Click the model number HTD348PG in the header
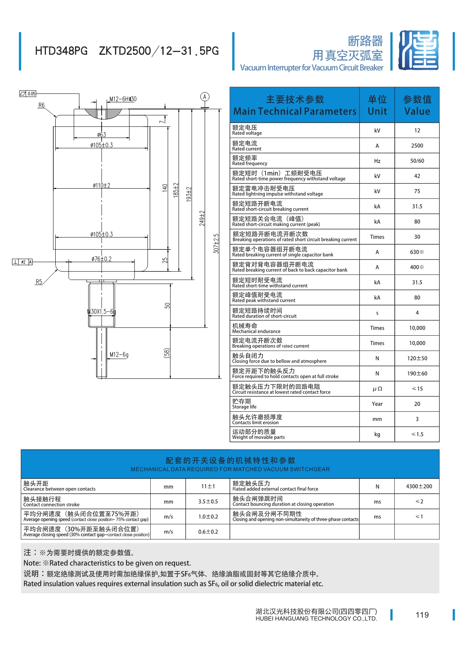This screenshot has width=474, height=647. (x=61, y=51)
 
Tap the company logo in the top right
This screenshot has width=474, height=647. (x=418, y=50)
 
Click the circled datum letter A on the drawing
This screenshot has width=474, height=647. (x=204, y=97)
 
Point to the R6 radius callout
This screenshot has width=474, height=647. (x=41, y=105)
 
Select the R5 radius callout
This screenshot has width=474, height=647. (x=39, y=282)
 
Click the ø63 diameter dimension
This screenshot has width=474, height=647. (x=102, y=134)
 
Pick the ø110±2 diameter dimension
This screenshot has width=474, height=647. (x=102, y=185)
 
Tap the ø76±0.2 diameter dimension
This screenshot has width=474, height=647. (x=102, y=259)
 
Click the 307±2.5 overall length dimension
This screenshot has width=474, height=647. (x=216, y=244)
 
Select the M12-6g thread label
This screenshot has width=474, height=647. (x=119, y=354)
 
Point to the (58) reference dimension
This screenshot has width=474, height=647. (x=167, y=353)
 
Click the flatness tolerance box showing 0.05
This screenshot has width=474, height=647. (x=28, y=94)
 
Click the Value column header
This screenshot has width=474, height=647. (x=417, y=105)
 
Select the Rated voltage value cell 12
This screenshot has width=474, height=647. (x=417, y=131)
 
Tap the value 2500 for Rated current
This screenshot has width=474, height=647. (x=417, y=145)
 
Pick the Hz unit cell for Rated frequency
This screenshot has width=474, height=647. (x=377, y=161)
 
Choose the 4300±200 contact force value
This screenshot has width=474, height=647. (x=419, y=486)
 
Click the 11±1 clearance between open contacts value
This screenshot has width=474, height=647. (x=208, y=486)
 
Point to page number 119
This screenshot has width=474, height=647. (x=422, y=615)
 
